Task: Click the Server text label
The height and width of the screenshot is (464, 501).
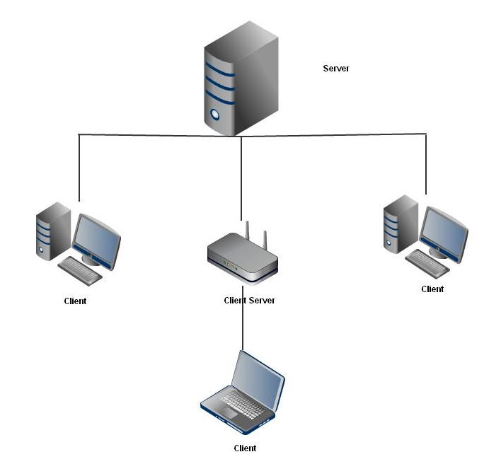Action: pos(336,69)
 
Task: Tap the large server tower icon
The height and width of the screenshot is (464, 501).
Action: pos(241,78)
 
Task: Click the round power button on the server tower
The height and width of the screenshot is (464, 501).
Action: pos(215,114)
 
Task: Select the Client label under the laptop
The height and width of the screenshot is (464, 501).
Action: pos(245,448)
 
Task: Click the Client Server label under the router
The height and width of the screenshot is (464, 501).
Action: pos(249,301)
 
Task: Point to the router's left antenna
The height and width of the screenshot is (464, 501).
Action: pos(248,232)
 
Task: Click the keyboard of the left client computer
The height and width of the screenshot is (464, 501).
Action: pos(79,269)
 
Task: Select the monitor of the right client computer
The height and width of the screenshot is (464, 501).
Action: pos(444,234)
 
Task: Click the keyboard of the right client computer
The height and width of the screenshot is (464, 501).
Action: pos(427,262)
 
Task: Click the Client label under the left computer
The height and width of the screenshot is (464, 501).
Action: pos(75,301)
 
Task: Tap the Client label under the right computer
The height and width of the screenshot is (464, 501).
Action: pos(432,289)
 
